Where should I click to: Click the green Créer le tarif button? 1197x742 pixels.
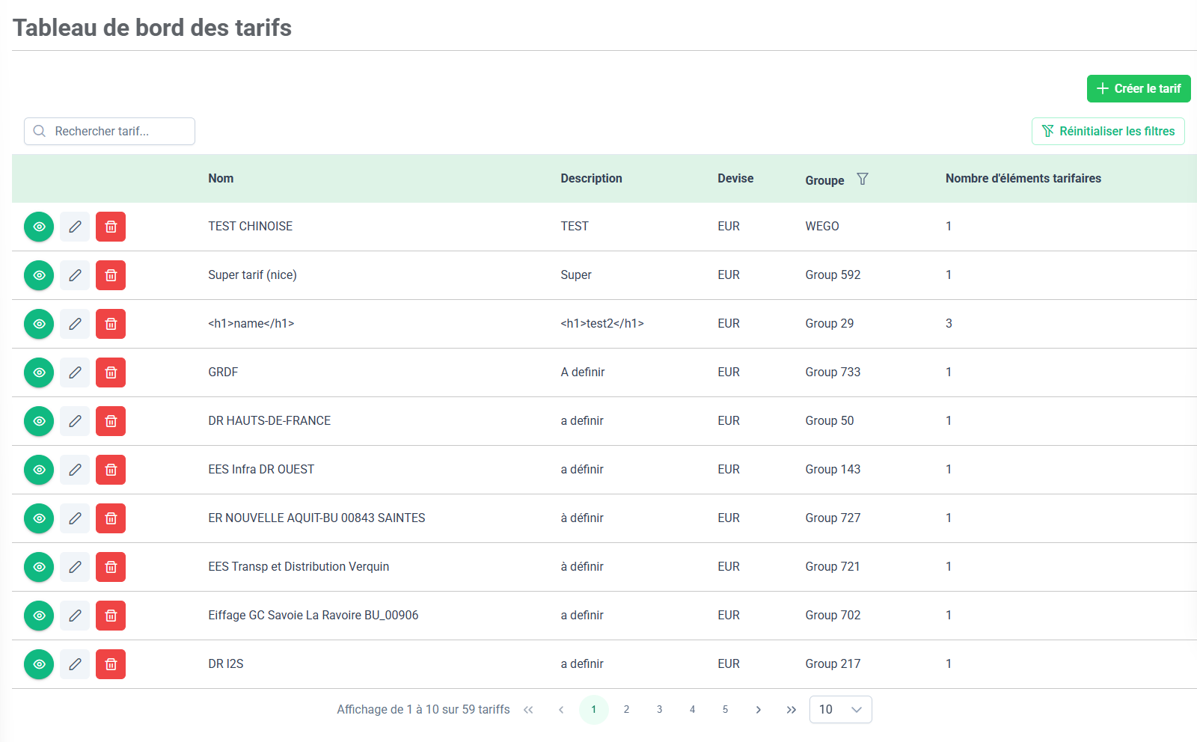(x=1138, y=89)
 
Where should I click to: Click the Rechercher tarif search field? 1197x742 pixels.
(x=110, y=132)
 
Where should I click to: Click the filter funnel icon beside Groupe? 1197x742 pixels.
(x=863, y=179)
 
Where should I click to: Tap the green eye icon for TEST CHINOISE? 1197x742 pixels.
(x=39, y=227)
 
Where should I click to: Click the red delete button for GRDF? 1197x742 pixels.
(x=111, y=372)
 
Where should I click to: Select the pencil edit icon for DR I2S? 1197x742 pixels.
(x=75, y=664)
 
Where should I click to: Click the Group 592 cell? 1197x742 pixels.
(x=833, y=275)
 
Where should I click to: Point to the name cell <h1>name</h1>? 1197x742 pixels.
(x=251, y=324)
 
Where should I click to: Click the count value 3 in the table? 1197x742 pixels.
(x=949, y=324)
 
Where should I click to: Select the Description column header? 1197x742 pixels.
(x=591, y=179)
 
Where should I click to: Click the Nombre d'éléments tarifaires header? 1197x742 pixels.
(x=1023, y=179)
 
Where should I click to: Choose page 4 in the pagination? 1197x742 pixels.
(x=692, y=710)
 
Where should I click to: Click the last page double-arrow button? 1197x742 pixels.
(x=791, y=710)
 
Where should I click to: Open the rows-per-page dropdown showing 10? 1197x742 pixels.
(x=840, y=710)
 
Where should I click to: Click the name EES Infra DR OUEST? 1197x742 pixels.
(x=261, y=470)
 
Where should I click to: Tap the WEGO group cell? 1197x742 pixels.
(x=822, y=227)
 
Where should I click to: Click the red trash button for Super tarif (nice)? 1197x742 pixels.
(x=111, y=275)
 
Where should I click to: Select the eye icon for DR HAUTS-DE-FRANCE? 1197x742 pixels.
(x=39, y=421)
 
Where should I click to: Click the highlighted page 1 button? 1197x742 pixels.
(x=593, y=710)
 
